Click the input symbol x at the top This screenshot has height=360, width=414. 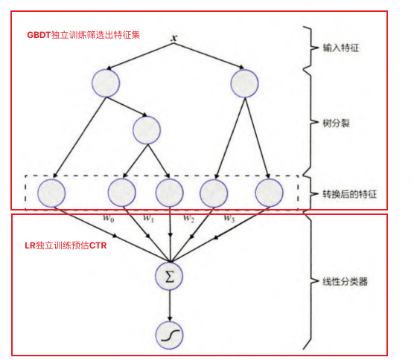pos(173,37)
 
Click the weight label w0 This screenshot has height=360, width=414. pos(109,219)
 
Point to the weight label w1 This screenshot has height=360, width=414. pos(148,219)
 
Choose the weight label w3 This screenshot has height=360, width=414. pos(231,219)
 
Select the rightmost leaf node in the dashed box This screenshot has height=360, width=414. pos(270,193)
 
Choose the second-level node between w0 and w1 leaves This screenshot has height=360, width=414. pos(147,129)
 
